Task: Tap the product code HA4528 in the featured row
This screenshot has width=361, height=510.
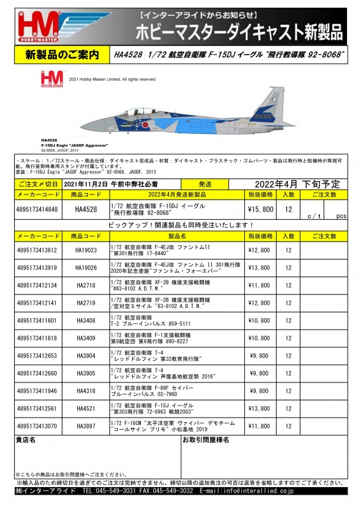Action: [85, 209]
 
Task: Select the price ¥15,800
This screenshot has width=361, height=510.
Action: [260, 209]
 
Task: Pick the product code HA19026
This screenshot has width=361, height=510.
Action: [85, 268]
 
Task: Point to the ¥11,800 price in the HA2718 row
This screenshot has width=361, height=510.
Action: [260, 285]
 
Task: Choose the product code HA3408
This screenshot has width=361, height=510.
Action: [85, 320]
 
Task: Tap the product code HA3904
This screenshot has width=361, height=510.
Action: [85, 355]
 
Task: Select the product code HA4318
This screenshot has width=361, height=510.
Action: [85, 390]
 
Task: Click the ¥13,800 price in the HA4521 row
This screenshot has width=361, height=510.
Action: [260, 407]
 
